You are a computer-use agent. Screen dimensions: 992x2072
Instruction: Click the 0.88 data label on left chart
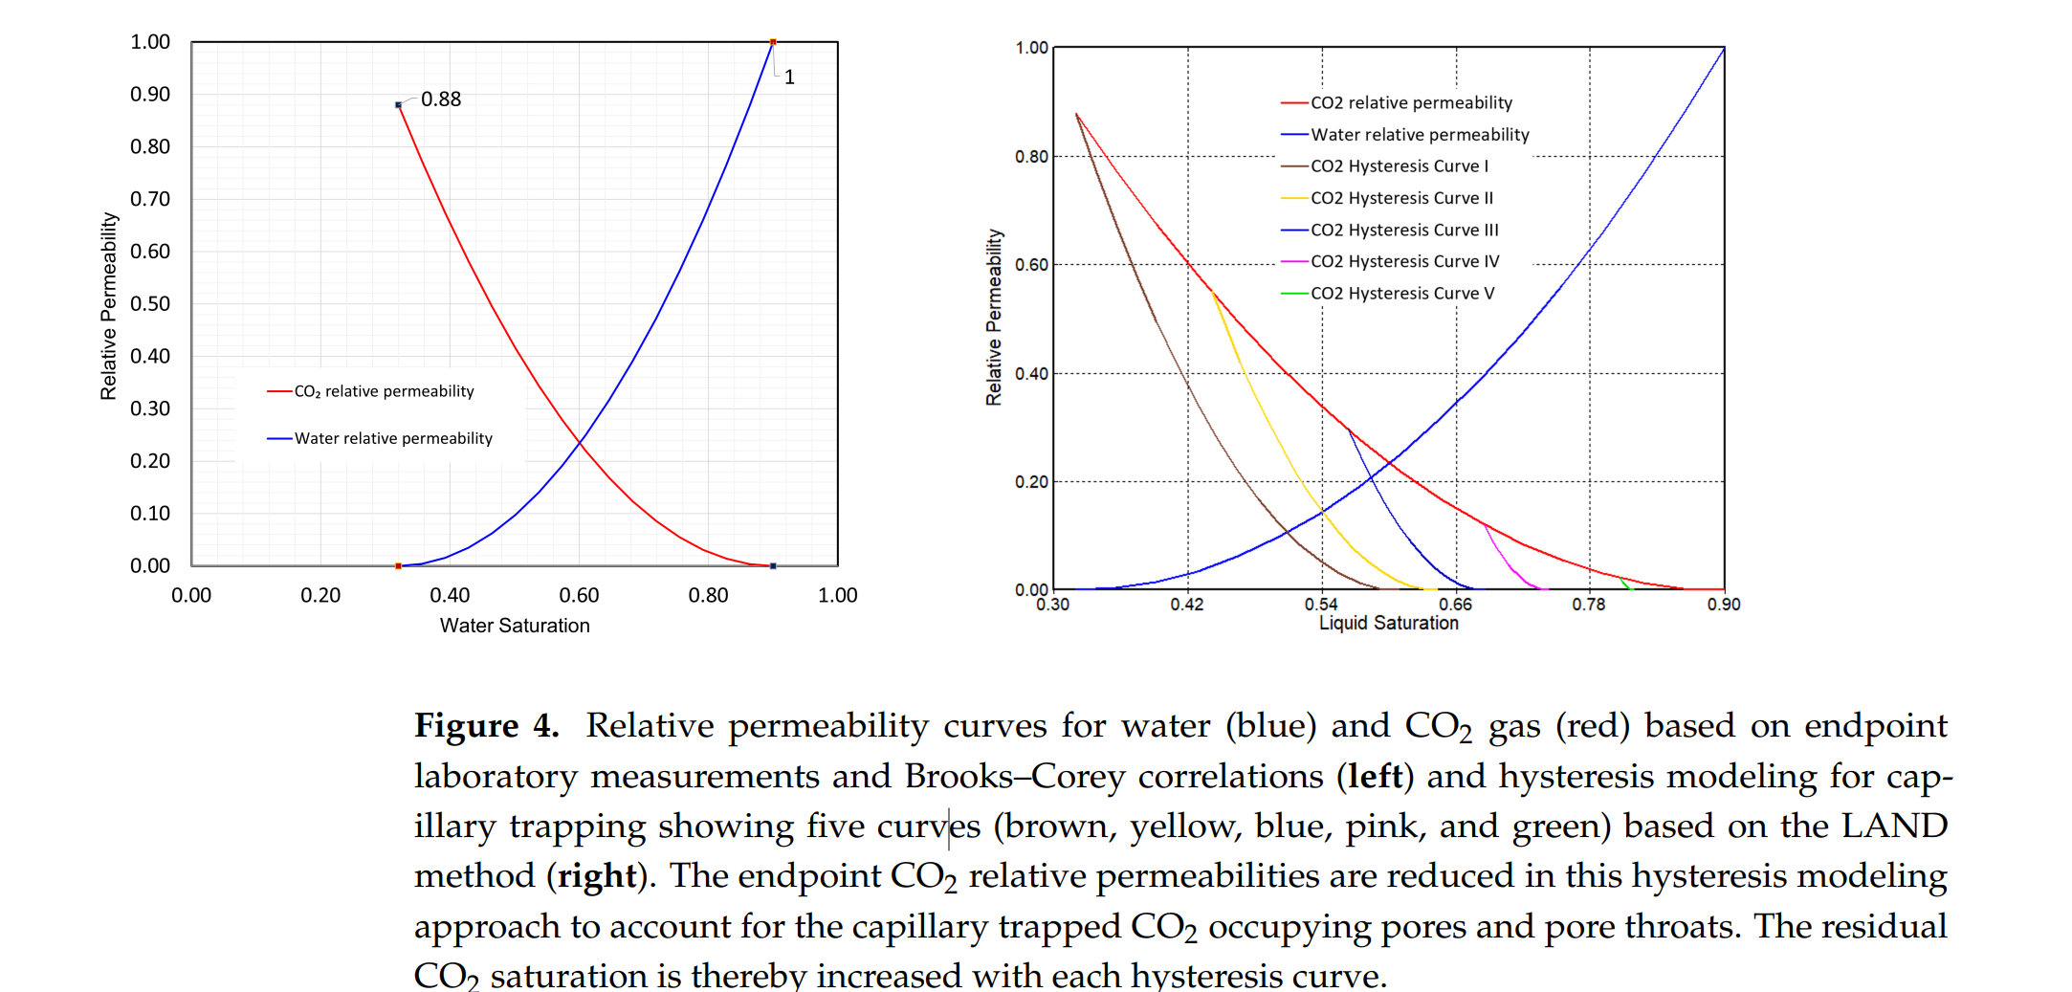(x=441, y=99)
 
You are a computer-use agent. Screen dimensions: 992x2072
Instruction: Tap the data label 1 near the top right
(x=789, y=77)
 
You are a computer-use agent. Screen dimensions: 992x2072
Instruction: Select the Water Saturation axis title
(x=515, y=626)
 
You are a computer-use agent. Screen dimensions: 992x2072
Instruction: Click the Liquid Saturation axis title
(x=1388, y=623)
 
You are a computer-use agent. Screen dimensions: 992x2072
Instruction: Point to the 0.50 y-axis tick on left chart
(x=150, y=304)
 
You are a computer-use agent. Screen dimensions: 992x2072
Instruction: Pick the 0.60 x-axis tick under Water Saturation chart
(x=579, y=595)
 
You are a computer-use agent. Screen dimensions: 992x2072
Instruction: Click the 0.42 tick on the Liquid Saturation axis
(x=1187, y=605)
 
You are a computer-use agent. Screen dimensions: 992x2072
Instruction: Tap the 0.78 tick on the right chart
(x=1589, y=605)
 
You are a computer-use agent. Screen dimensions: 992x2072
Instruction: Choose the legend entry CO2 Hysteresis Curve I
(x=1399, y=166)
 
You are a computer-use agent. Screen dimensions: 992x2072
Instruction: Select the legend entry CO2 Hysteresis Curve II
(x=1400, y=198)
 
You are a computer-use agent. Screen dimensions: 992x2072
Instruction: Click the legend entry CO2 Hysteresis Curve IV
(x=1404, y=261)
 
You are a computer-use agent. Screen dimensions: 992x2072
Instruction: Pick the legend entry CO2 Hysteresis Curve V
(x=1401, y=294)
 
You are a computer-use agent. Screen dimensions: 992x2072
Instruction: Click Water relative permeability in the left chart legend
(x=393, y=438)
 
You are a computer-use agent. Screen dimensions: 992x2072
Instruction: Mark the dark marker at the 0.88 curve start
(x=398, y=105)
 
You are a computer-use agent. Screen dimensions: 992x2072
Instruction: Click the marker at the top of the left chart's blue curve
(x=773, y=42)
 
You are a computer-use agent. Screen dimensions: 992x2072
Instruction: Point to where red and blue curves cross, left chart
(x=579, y=441)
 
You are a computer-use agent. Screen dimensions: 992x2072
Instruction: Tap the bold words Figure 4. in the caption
(x=486, y=726)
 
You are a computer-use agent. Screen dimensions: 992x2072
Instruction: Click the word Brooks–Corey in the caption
(x=1013, y=776)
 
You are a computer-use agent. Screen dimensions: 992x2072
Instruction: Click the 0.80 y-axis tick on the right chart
(x=1031, y=157)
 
